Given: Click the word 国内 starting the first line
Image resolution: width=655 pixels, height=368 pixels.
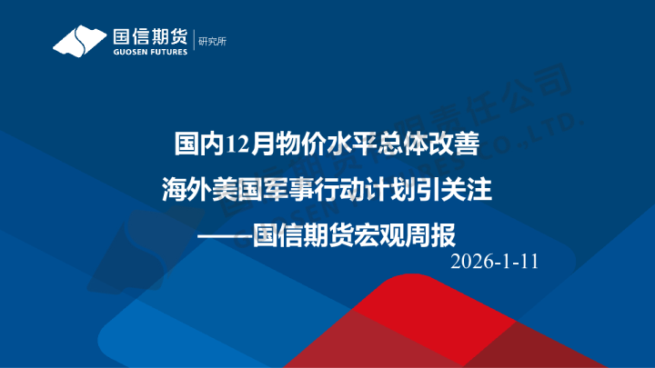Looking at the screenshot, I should (x=199, y=144).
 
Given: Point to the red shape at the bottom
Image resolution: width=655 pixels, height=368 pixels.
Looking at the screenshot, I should (x=428, y=327).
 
